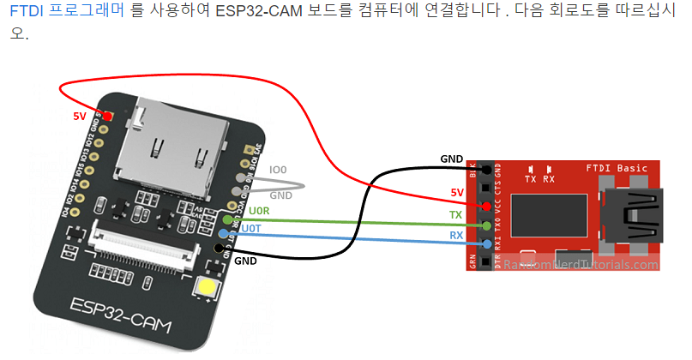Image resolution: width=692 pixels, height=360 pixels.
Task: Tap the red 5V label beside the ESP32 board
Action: [79, 115]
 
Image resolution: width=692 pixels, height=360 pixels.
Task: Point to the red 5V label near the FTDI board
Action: [458, 194]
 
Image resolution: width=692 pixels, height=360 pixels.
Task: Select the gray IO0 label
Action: [278, 171]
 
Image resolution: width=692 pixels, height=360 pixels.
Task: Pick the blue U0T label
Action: [250, 229]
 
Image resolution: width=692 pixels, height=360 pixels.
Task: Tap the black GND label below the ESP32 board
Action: [246, 260]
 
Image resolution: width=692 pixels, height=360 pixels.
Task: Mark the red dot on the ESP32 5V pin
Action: [107, 115]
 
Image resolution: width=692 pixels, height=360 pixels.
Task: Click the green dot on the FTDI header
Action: [486, 226]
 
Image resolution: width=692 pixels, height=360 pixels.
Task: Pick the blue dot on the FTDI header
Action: [486, 245]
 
